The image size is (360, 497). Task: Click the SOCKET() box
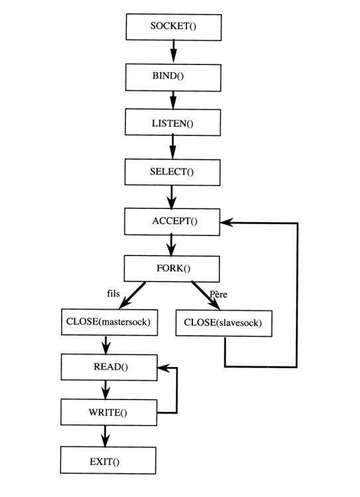pos(174,27)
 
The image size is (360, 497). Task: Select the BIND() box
pos(173,78)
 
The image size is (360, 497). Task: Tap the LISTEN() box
pos(173,122)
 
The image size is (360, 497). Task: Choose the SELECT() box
pos(172,172)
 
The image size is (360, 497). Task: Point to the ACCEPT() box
pos(172,222)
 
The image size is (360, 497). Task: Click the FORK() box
pos(172,269)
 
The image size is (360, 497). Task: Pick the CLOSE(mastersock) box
pos(109,322)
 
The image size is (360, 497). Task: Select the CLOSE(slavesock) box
pos(224,323)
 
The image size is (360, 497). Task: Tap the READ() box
pos(109,368)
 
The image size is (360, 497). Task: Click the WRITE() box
pos(109,412)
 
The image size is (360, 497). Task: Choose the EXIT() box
pos(108,461)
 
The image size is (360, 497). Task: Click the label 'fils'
pos(113,293)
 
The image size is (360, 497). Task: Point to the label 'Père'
pos(219,295)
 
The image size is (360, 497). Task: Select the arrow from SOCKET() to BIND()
pos(173,51)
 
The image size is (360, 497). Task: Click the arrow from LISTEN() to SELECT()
pos(172,147)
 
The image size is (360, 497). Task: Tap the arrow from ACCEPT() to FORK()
pos(171,245)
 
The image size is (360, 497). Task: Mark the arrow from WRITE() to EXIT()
pos(105,436)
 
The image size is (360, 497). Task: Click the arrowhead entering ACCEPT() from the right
pos(226,222)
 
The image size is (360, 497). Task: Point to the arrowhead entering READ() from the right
pos(163,368)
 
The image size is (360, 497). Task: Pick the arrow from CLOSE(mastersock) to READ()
pos(106,345)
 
